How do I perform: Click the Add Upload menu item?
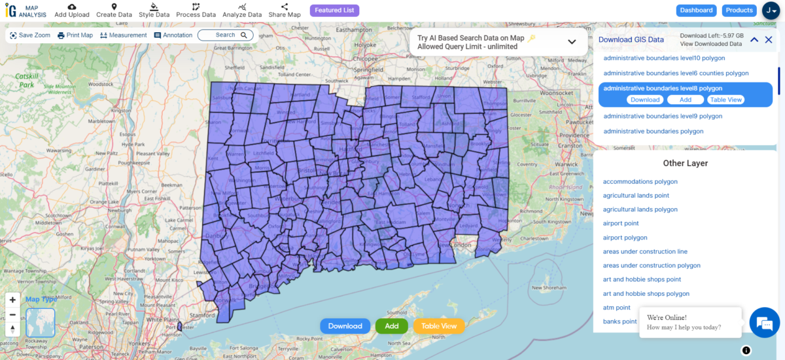click(x=72, y=10)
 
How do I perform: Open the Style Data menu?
click(x=154, y=10)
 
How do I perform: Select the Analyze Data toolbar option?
click(x=241, y=10)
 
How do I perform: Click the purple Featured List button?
click(x=334, y=10)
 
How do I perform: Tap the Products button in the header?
click(x=739, y=10)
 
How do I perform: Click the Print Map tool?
click(x=75, y=35)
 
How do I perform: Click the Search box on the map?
click(x=225, y=35)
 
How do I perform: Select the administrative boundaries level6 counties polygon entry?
click(x=676, y=73)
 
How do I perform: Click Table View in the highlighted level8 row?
click(x=726, y=100)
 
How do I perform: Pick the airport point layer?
click(x=621, y=224)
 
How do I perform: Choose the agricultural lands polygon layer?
click(x=640, y=209)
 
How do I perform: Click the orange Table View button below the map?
click(x=439, y=326)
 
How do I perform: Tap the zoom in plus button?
click(x=12, y=300)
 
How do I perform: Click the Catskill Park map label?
click(x=26, y=81)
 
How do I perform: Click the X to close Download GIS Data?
click(x=769, y=40)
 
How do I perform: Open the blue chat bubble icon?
click(x=763, y=323)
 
